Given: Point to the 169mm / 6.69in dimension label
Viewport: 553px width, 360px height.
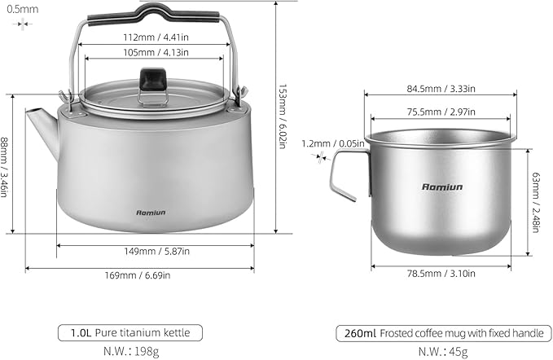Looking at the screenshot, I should (139, 275).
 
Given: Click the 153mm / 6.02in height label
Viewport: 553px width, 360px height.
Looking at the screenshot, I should (283, 116).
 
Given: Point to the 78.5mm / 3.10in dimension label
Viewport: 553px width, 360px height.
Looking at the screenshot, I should (441, 274).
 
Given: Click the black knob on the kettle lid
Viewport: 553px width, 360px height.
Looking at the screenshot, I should (151, 78).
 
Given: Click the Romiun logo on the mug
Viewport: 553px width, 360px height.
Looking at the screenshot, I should (441, 187).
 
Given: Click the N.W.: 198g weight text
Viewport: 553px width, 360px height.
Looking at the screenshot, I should (129, 351).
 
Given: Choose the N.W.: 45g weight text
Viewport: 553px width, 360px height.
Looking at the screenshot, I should (443, 351).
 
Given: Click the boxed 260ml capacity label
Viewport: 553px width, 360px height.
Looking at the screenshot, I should (353, 333).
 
